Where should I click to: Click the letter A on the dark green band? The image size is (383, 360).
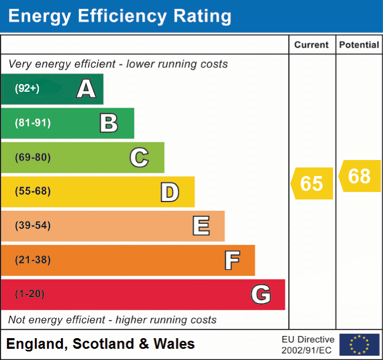(x=86, y=89)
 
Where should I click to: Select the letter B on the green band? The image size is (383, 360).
(x=109, y=123)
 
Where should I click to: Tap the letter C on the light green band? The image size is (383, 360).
(x=139, y=157)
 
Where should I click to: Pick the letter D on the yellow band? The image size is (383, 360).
(x=169, y=192)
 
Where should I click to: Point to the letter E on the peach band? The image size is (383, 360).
(x=200, y=226)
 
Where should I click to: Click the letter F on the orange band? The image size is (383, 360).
(x=231, y=260)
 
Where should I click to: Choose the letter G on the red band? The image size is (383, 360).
(x=261, y=294)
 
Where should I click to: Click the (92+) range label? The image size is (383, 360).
(x=27, y=89)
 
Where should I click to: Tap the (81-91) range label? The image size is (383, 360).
(x=32, y=123)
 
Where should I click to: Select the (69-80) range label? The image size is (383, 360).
(x=32, y=157)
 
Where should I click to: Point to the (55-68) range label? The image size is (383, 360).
(x=32, y=191)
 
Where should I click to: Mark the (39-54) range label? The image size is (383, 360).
(x=32, y=226)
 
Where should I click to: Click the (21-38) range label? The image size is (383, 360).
(x=32, y=260)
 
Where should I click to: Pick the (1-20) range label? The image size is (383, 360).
(x=30, y=294)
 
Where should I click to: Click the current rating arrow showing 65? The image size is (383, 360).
(x=312, y=183)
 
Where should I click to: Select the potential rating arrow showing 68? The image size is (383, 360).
(x=360, y=176)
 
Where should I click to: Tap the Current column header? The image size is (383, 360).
(x=312, y=45)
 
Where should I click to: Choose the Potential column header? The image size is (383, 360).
(x=359, y=45)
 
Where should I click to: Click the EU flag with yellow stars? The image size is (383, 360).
(x=359, y=345)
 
